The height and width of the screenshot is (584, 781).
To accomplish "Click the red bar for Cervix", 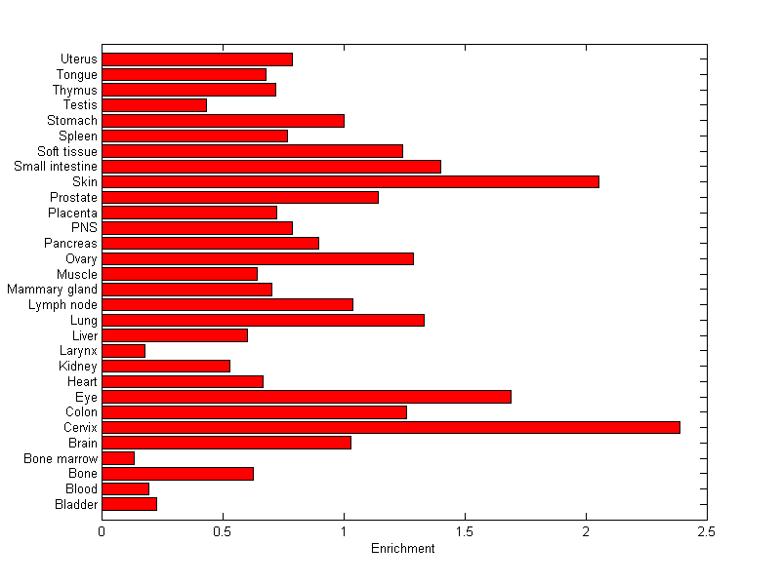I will click(390, 427).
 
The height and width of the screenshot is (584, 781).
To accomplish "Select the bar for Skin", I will click(349, 181).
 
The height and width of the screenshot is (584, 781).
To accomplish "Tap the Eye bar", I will click(306, 397).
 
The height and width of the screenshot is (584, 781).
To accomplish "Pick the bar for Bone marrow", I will click(117, 458).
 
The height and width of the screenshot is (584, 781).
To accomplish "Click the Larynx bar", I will click(123, 351).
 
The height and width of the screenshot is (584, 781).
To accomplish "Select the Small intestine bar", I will click(270, 167).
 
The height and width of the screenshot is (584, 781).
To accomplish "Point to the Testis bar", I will click(153, 105).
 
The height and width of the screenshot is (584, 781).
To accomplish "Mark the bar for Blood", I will click(125, 488).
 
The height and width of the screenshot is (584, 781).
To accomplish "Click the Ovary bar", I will click(257, 258).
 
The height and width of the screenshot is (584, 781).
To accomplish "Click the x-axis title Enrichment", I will click(403, 549).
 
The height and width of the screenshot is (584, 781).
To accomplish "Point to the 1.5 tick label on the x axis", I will click(465, 531).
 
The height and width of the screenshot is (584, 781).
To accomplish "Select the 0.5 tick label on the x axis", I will click(223, 531).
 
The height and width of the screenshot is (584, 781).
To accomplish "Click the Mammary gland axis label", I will click(52, 290).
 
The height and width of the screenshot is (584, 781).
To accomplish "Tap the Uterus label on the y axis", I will click(78, 59).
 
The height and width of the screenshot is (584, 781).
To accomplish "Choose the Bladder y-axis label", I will click(76, 504).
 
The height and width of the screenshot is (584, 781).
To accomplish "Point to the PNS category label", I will click(85, 228).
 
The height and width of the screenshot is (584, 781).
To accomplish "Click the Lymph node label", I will click(62, 305).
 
